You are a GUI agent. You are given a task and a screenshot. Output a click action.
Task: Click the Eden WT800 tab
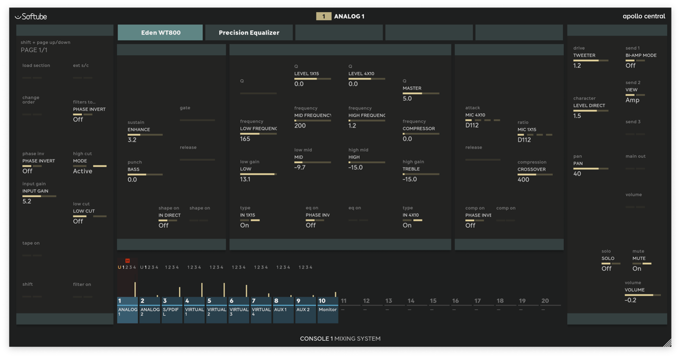pos(160,33)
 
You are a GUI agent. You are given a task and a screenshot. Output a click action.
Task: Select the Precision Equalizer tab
pos(249,33)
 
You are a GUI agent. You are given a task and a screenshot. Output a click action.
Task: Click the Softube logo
pos(31,16)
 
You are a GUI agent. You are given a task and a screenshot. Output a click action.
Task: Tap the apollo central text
pos(644,16)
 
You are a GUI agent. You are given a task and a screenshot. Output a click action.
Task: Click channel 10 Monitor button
pos(328,310)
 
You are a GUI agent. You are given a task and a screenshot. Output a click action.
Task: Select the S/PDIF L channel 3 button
pos(172,310)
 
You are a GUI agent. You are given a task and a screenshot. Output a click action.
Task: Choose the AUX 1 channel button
pos(283,310)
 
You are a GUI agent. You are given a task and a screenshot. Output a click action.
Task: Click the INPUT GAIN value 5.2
pos(27,201)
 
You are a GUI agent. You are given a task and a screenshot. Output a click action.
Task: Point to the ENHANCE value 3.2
pos(132,140)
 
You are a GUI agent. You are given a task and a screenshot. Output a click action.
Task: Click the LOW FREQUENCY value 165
pos(245,139)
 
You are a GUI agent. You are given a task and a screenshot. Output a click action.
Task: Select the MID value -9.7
pos(300,168)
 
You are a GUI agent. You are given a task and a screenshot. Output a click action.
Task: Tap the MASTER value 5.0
pos(407,99)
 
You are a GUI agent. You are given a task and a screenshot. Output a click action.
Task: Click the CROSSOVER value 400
pos(523,180)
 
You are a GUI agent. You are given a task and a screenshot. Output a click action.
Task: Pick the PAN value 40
pos(577,174)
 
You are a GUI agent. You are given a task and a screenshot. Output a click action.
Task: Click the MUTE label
pos(639,258)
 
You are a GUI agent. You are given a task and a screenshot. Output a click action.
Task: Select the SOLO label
pos(607,258)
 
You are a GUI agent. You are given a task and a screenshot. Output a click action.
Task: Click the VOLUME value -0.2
pos(630,300)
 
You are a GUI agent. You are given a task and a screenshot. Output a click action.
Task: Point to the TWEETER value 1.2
pos(577,66)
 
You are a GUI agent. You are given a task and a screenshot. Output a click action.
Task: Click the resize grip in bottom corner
pos(667,343)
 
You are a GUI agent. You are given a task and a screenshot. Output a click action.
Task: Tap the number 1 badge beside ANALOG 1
pos(323,16)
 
